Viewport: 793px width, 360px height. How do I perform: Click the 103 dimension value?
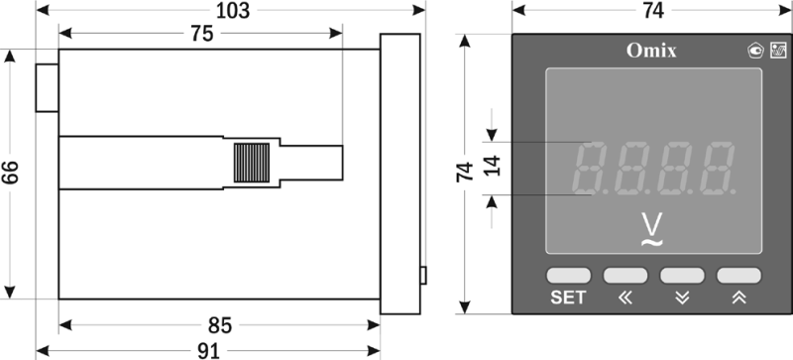[233, 11]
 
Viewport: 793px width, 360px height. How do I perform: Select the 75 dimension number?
[202, 34]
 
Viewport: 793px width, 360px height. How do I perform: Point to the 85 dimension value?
[219, 325]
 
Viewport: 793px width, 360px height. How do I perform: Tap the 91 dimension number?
[208, 351]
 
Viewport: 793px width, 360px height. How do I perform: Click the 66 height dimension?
[10, 173]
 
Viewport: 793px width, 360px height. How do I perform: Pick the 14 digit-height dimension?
[492, 166]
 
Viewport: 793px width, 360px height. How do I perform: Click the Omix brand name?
[651, 51]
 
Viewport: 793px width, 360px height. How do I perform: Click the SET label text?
[568, 298]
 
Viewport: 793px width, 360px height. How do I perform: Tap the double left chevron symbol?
[625, 299]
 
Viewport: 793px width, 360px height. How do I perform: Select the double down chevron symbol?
[682, 299]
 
